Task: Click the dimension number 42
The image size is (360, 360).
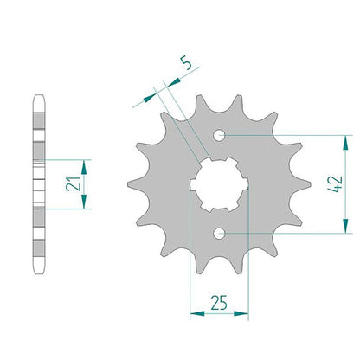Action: point(335,184)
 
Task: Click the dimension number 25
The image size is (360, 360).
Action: point(219,303)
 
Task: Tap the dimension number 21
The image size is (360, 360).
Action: point(73,183)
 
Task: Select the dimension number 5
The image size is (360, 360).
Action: point(186,63)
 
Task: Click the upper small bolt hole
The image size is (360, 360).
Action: point(219,135)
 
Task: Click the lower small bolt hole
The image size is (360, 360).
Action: point(219,234)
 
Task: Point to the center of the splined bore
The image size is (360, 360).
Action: point(219,184)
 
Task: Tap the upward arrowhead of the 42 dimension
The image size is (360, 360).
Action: point(345,143)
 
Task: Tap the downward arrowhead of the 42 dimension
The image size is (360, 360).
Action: point(345,226)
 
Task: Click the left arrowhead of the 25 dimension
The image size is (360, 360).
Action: point(197,313)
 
